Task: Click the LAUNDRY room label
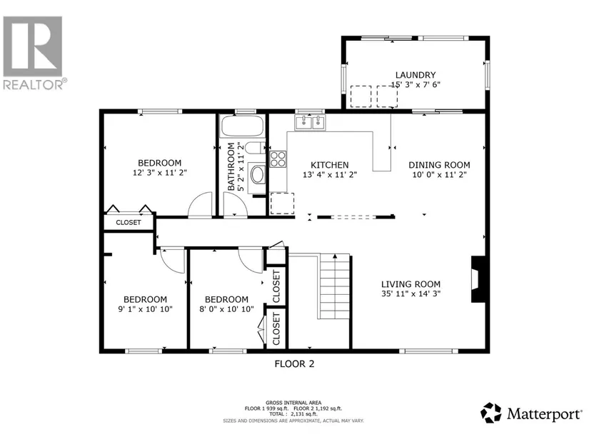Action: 416,75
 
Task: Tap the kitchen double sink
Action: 311,122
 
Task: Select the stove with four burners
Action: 278,159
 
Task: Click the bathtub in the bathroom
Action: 242,126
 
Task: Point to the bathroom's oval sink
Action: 257,174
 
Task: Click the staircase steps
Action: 335,287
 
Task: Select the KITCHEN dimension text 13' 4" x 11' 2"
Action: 330,175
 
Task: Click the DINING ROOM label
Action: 439,165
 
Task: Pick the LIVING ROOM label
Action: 411,284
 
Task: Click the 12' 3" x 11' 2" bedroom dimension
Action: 160,173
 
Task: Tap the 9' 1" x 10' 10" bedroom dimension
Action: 145,309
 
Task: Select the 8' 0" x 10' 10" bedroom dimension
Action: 226,309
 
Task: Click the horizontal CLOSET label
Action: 129,223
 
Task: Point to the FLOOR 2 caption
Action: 294,364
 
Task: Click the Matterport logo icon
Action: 491,413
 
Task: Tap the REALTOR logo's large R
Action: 33,46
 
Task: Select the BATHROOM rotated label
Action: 231,166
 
